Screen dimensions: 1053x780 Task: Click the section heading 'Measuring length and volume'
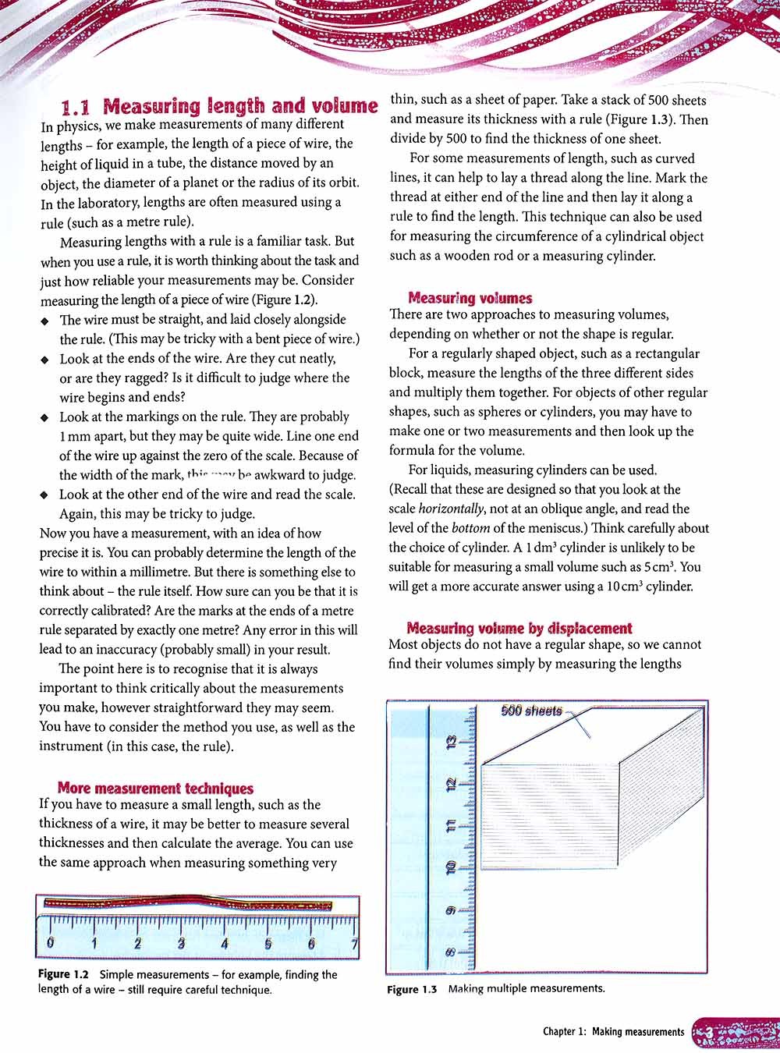(240, 107)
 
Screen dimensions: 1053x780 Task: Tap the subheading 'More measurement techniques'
(155, 789)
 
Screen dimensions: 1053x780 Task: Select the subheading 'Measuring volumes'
(470, 298)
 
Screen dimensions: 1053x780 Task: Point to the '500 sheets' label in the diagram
(531, 711)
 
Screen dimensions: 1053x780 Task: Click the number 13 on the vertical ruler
(450, 743)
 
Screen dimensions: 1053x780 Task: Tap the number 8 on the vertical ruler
(450, 952)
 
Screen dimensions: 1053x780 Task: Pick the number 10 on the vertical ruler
(450, 867)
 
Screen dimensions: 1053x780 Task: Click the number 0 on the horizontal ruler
(51, 943)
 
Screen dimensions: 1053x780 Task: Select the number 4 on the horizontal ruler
(225, 943)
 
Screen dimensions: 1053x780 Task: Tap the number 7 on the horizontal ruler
(355, 943)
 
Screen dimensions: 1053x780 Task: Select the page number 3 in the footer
(710, 1033)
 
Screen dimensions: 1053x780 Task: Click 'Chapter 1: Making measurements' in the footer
(613, 1032)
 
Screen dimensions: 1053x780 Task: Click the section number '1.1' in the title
(77, 108)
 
